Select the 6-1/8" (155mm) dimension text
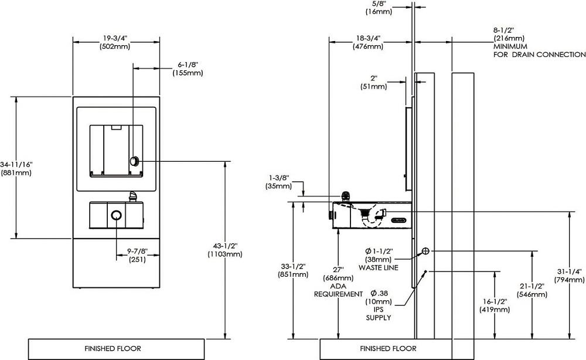click(188, 69)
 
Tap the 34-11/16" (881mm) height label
click(16, 169)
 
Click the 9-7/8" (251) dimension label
click(137, 255)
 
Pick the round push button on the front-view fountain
click(116, 215)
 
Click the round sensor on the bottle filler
click(134, 161)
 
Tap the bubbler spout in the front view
click(133, 196)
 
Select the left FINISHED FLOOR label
click(113, 349)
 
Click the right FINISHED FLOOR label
click(389, 349)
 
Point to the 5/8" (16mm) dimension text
click(379, 8)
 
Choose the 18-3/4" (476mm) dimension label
click(368, 42)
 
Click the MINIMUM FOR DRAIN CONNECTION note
click(539, 50)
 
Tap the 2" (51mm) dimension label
click(374, 82)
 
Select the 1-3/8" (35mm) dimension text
click(279, 182)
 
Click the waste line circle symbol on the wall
click(425, 251)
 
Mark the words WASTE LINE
click(378, 268)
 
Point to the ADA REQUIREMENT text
click(338, 290)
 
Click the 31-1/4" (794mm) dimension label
click(569, 276)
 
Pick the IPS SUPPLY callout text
click(378, 314)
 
